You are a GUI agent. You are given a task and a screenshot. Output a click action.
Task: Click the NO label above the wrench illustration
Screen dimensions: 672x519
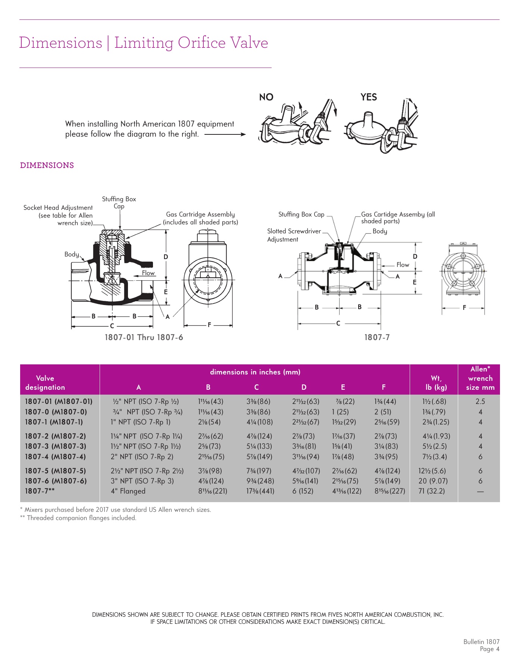[x=266, y=97]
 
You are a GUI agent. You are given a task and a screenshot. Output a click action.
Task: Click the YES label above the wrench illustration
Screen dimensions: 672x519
[x=368, y=97]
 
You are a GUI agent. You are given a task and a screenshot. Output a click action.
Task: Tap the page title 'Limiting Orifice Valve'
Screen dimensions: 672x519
[x=191, y=43]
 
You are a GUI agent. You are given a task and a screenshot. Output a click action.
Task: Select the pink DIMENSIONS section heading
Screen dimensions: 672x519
[x=47, y=165]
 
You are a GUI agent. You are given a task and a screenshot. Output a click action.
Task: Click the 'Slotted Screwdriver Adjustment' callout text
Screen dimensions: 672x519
[x=294, y=235]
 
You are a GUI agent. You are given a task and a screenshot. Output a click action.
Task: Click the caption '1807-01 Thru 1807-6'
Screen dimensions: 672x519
[x=144, y=337]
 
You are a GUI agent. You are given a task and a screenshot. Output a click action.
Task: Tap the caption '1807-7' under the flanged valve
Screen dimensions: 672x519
[x=377, y=337]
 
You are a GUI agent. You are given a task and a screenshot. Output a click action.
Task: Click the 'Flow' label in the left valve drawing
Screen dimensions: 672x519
[x=148, y=273]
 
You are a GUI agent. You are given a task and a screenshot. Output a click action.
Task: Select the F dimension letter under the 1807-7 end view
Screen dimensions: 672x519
[x=464, y=308]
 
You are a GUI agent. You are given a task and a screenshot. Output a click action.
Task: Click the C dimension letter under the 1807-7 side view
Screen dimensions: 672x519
[x=338, y=323]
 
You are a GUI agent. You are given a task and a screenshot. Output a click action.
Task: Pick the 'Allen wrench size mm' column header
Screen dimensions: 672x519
[x=480, y=378]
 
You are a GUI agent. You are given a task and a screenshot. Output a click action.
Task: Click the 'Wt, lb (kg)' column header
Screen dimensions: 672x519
[x=436, y=383]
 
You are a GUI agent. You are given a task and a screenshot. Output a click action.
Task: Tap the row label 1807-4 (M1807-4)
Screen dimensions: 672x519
[x=55, y=457]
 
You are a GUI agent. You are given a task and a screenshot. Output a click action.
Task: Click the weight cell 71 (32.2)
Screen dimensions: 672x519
[x=431, y=491]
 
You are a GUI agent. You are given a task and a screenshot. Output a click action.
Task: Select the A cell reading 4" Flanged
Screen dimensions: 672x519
[x=128, y=491]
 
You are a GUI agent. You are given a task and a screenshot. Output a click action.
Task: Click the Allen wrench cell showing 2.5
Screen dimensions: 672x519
[x=480, y=401]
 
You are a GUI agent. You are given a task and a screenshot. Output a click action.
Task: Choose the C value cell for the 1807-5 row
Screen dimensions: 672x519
[x=259, y=471]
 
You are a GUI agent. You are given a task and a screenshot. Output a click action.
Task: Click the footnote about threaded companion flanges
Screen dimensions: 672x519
[x=78, y=518]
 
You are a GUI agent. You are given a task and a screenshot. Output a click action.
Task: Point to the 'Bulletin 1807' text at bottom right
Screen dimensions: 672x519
[x=481, y=642]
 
